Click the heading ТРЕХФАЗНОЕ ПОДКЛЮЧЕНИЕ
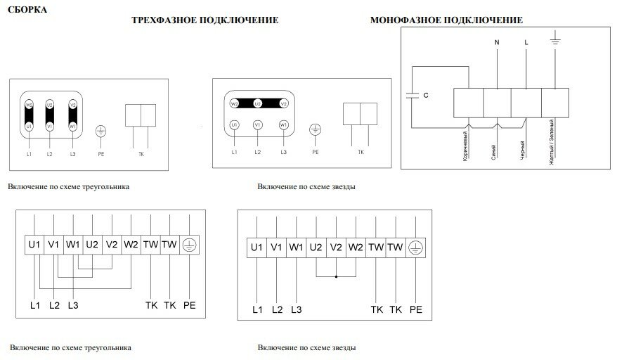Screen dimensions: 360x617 tap(205, 20)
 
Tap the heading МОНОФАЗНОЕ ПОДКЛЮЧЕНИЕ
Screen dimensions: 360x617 tap(446, 20)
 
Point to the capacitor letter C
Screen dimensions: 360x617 tap(426, 94)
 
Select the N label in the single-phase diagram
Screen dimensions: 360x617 tap(497, 43)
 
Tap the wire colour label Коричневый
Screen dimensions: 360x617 tap(466, 146)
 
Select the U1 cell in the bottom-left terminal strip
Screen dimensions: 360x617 tap(35, 245)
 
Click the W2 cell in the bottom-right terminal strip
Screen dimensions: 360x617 tap(356, 247)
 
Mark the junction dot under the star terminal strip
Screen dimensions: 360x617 tap(336, 277)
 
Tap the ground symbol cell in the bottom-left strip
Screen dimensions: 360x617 tap(188, 245)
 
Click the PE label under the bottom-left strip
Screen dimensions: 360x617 tap(188, 306)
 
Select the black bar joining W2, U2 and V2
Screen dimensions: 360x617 tap(257, 103)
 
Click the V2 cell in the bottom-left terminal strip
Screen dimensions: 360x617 tap(111, 245)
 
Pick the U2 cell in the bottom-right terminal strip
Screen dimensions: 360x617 tap(316, 247)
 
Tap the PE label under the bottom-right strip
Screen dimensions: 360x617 tap(415, 309)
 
